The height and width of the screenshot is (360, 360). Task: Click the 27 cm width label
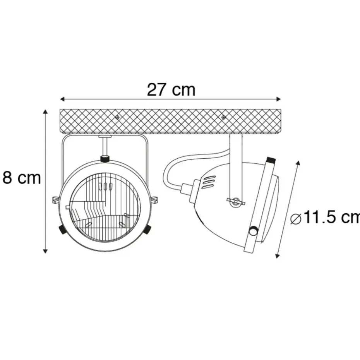171,89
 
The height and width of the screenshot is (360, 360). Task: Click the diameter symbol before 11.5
296,218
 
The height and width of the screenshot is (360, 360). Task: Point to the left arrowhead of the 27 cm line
62,99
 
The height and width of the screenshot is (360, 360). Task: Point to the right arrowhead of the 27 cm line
279,99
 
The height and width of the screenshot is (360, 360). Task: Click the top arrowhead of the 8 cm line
45,112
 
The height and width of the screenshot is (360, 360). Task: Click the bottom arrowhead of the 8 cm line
45,251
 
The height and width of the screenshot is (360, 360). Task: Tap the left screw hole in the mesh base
117,117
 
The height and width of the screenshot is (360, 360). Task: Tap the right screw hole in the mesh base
223,117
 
